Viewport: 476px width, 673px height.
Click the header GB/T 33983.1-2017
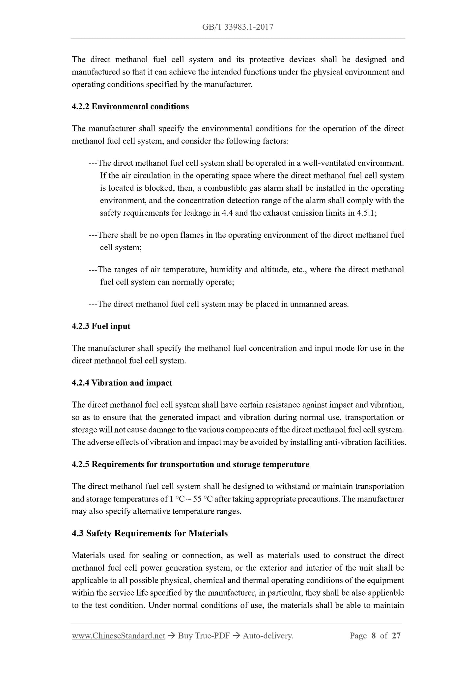(x=238, y=27)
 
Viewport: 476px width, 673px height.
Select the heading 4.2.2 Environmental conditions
(x=130, y=107)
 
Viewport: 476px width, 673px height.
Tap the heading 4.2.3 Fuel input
(x=101, y=326)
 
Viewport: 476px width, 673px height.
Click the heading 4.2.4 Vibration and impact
(x=122, y=383)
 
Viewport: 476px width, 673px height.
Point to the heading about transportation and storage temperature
(x=190, y=465)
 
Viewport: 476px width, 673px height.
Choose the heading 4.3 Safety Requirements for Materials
(x=150, y=533)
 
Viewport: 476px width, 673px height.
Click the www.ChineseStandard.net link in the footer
(x=118, y=636)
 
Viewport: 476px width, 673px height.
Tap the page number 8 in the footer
(x=373, y=636)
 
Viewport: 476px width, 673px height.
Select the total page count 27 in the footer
(x=396, y=636)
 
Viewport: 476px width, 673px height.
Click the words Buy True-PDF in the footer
(x=204, y=636)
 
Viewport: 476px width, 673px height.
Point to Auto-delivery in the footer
(x=268, y=636)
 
